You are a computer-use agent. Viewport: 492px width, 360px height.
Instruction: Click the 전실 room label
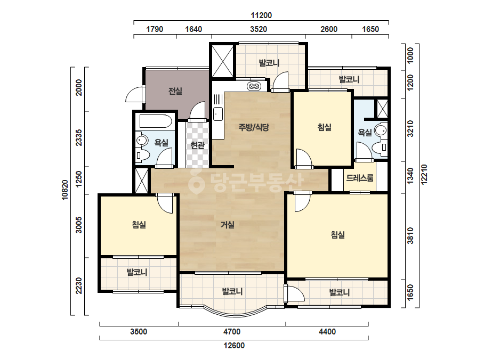(175, 91)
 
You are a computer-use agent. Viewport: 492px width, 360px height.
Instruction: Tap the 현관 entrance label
(197, 145)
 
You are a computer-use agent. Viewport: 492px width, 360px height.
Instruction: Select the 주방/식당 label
(254, 127)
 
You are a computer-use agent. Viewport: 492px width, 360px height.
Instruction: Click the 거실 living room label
(228, 225)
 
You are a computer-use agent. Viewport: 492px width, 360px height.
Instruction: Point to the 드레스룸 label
(360, 178)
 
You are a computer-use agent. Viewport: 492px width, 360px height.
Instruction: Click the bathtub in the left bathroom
(155, 121)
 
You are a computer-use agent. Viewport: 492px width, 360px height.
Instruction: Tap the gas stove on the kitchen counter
(254, 86)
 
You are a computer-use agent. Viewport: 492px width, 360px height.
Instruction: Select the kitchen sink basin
(218, 113)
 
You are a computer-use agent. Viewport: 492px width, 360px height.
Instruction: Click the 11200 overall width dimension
(261, 15)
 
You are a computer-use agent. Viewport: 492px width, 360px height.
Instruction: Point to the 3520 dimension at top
(259, 29)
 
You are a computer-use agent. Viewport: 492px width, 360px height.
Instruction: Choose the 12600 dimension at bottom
(234, 346)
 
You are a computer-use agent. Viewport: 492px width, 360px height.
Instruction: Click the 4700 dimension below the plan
(232, 331)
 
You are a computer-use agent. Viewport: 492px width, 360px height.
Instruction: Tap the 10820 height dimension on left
(65, 190)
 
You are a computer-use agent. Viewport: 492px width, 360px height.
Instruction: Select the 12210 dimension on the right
(424, 175)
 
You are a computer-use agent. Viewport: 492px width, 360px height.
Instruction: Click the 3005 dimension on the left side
(79, 225)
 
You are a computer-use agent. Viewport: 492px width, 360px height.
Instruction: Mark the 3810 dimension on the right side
(410, 235)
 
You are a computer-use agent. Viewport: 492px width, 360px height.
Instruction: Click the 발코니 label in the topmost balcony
(269, 63)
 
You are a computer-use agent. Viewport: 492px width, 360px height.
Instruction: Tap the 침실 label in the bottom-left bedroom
(139, 225)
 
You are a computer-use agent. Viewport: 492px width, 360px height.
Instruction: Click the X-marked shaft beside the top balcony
(222, 61)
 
